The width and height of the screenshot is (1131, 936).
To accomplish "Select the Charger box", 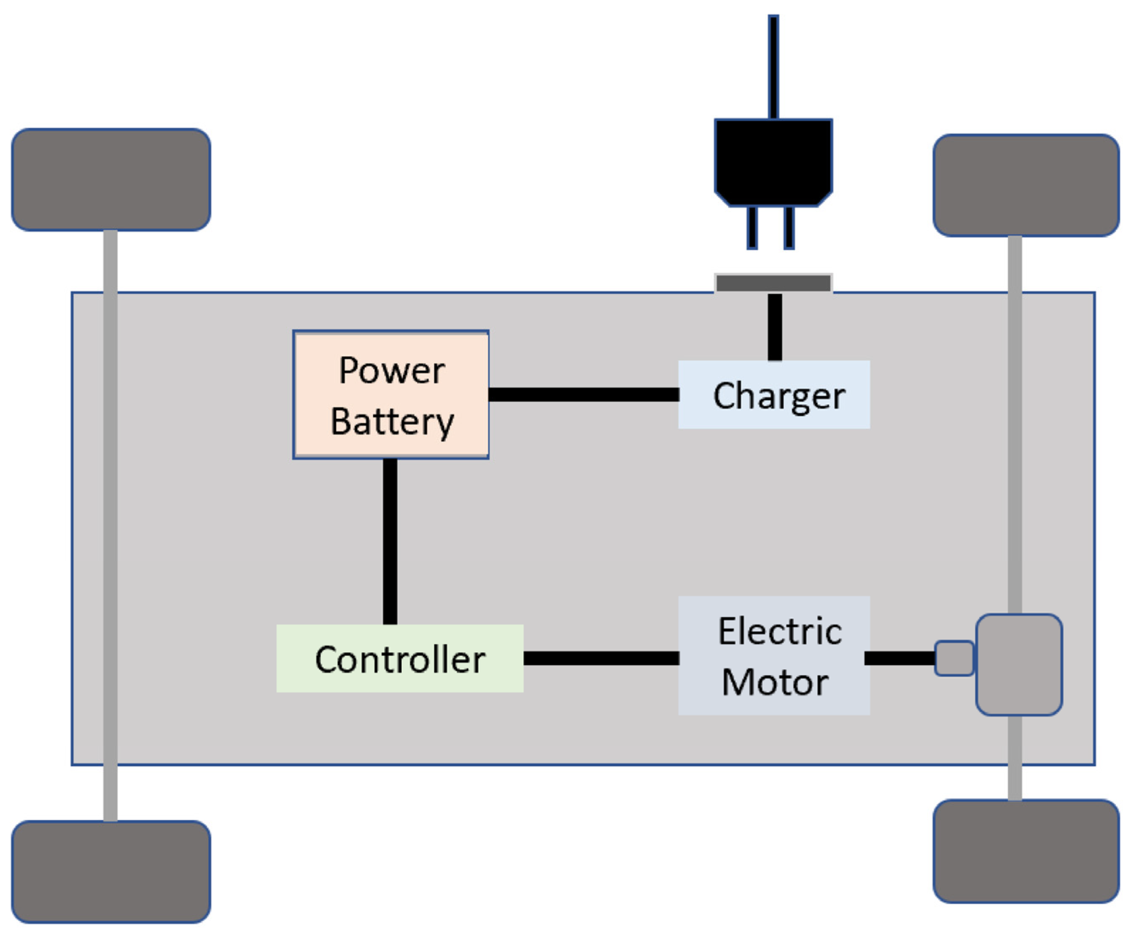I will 774,395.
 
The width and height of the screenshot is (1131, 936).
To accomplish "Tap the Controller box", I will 400,658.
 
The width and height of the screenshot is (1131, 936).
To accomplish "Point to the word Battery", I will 392,422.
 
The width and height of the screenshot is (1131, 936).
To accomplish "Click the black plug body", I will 773,161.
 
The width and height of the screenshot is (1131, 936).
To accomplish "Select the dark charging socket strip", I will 773,283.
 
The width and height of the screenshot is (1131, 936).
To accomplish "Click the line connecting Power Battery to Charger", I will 583,394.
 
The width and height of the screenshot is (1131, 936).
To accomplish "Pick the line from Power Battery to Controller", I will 390,541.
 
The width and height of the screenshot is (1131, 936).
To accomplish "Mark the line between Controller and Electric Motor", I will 601,658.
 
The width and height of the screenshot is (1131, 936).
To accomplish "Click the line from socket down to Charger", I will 775,327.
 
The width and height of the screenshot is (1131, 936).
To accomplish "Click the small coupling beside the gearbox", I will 954,658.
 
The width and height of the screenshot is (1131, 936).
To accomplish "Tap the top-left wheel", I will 111,179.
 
